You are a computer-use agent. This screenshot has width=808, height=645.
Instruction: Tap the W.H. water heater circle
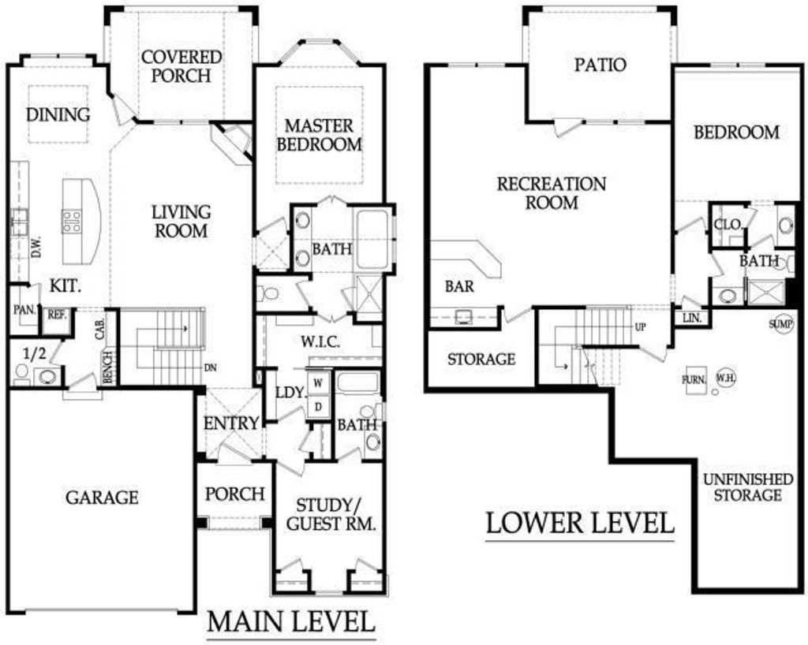pyautogui.click(x=726, y=378)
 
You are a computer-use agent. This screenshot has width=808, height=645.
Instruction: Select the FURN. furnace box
pyautogui.click(x=694, y=380)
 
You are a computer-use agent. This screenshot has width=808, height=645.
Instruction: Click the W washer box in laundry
pyautogui.click(x=319, y=382)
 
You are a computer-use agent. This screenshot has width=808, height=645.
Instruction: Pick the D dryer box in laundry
pyautogui.click(x=319, y=407)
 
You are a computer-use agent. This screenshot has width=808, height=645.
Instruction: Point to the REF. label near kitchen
pyautogui.click(x=57, y=315)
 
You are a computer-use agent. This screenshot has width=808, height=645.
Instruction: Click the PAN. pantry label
pyautogui.click(x=24, y=310)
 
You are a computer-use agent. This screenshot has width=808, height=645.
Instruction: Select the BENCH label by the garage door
pyautogui.click(x=107, y=367)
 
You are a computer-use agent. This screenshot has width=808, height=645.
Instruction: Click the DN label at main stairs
pyautogui.click(x=210, y=368)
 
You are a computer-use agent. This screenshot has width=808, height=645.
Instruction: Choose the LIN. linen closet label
pyautogui.click(x=692, y=318)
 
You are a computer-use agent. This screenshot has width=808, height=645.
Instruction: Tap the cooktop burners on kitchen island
pyautogui.click(x=72, y=221)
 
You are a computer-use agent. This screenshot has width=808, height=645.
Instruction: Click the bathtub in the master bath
pyautogui.click(x=372, y=239)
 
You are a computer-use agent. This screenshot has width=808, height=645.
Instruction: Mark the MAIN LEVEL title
pyautogui.click(x=290, y=621)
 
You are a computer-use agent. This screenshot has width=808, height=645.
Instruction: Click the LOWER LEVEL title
pyautogui.click(x=580, y=523)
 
